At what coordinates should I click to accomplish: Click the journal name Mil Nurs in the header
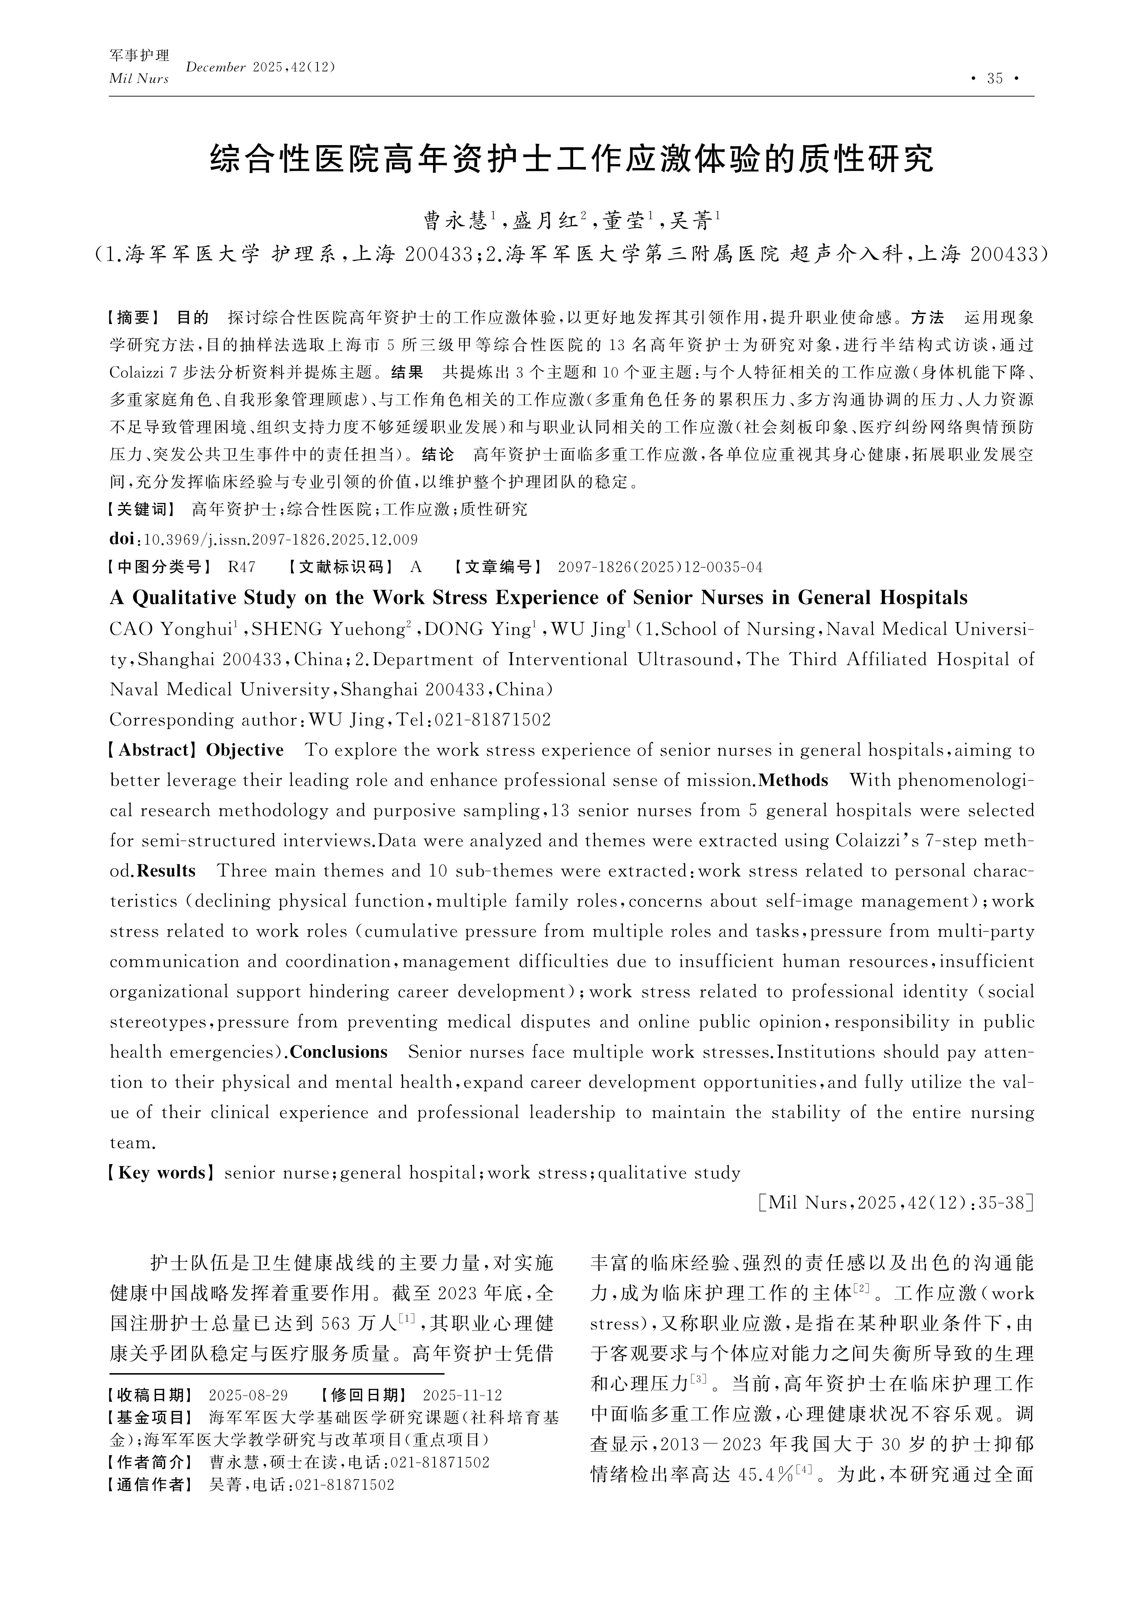click(x=139, y=79)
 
